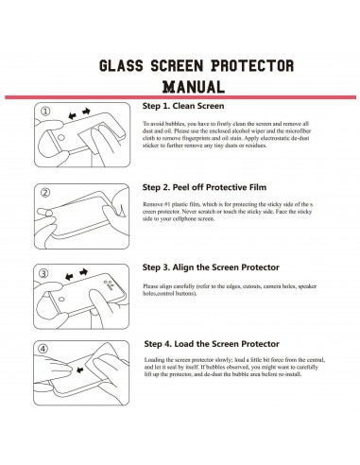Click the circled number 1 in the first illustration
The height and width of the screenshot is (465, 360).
coord(44,113)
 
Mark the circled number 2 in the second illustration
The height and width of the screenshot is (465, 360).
coord(44,193)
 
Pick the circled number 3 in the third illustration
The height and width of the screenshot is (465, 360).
coord(44,272)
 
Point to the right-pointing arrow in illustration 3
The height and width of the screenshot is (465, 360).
coord(87,273)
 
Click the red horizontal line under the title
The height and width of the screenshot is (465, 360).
coord(180,96)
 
